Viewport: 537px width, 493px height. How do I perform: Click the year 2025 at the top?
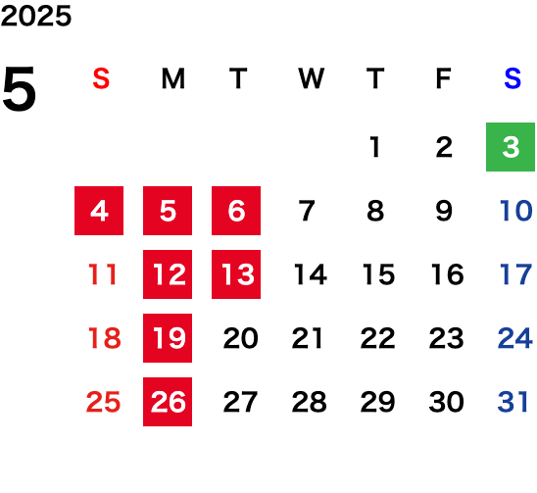(36, 16)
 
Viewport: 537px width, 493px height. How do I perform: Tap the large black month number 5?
(20, 88)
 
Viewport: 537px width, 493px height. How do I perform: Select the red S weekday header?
(101, 78)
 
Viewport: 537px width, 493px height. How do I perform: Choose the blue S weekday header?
(513, 78)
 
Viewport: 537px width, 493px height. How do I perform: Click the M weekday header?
(173, 78)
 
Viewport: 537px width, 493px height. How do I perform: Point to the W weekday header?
(311, 78)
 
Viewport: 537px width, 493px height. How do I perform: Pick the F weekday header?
(444, 78)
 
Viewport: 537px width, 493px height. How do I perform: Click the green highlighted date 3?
(511, 147)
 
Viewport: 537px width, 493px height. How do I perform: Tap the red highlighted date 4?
(99, 211)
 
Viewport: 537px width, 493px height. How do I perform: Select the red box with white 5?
(168, 211)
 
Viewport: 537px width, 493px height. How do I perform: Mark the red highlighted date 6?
(236, 211)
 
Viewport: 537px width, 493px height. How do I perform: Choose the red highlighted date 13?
(236, 274)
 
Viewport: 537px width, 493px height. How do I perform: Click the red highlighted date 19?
(168, 338)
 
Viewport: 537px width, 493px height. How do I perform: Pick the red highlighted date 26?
(168, 402)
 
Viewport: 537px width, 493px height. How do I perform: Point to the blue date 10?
(515, 211)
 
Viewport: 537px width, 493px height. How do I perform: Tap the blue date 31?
(513, 402)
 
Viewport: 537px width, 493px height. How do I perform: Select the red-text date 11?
(102, 274)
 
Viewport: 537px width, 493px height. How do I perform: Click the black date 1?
(375, 147)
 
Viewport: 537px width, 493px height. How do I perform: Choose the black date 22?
(377, 338)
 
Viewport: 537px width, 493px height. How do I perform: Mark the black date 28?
(309, 402)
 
